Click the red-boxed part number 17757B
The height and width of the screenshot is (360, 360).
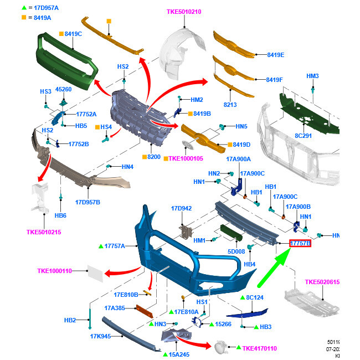point(300,243)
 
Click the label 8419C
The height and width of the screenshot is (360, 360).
point(73,34)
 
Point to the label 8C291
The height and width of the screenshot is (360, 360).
point(303,135)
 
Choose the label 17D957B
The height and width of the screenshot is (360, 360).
point(88,202)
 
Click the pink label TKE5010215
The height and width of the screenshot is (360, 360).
point(44,232)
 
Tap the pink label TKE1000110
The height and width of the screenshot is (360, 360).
point(55,271)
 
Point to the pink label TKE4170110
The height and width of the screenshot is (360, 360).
point(259,348)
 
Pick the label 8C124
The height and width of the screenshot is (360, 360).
point(255,297)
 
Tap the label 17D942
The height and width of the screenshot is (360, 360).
point(181,208)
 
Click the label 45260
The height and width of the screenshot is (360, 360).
point(63,89)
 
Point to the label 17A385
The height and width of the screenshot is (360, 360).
point(116,308)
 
